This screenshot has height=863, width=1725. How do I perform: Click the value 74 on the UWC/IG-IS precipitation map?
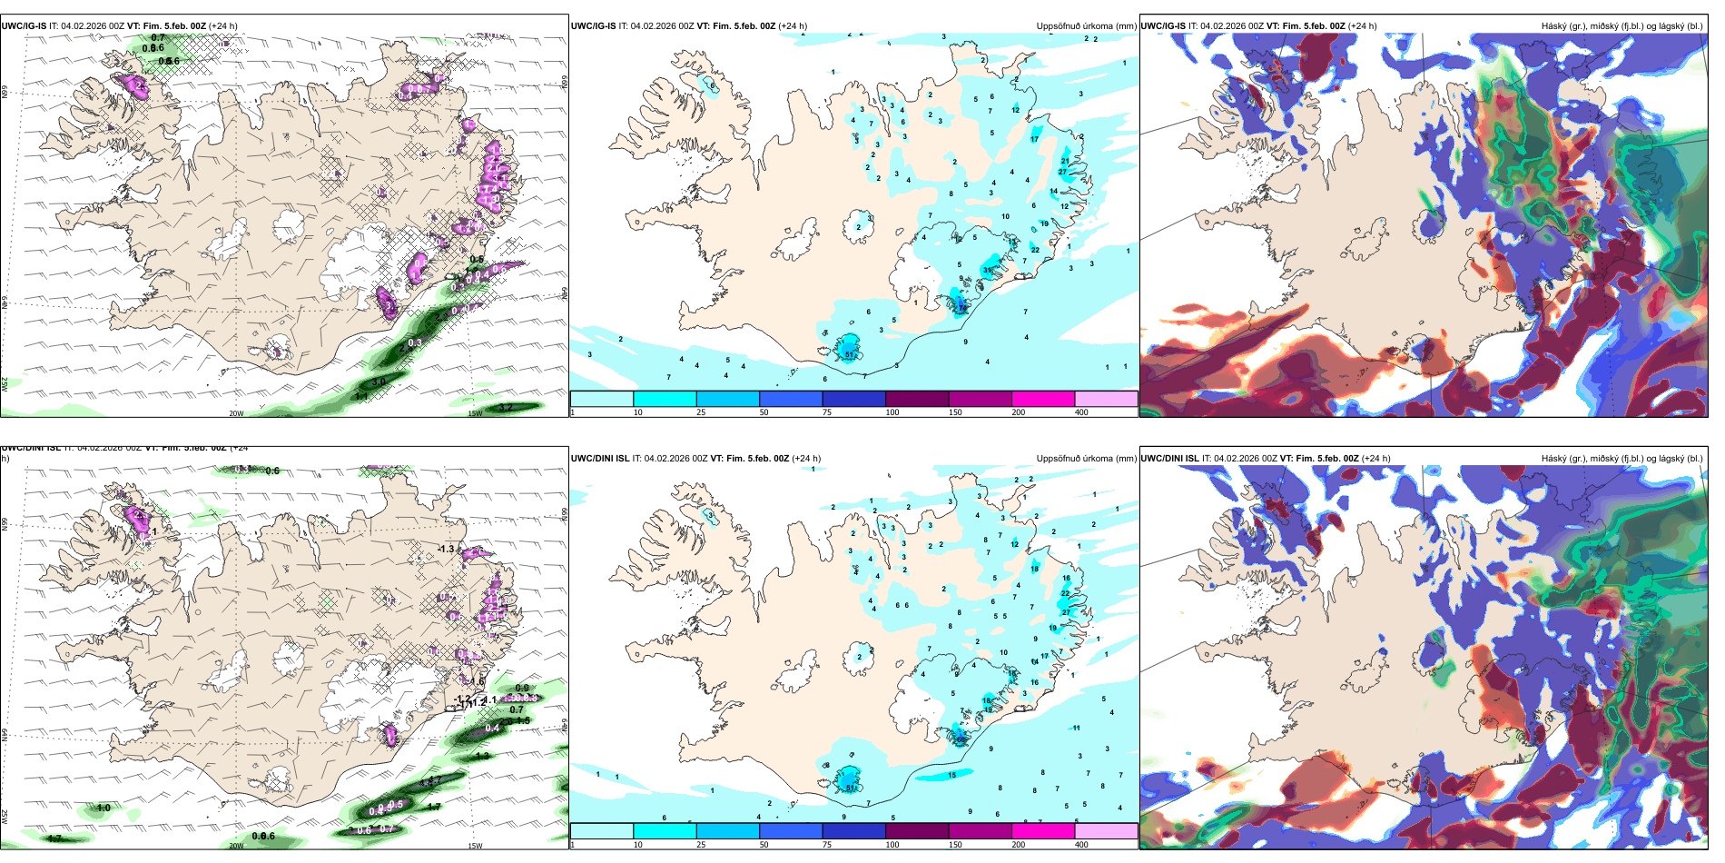point(961,308)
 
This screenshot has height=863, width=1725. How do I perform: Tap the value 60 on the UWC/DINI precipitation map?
point(961,739)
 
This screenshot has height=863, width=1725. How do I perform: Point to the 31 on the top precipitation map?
point(988,271)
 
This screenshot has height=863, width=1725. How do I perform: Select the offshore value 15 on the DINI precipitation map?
point(952,775)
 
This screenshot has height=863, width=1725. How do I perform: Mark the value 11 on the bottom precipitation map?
point(1077,728)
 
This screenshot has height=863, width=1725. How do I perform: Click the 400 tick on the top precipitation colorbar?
point(1081,412)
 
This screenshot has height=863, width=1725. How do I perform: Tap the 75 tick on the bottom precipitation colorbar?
point(827,844)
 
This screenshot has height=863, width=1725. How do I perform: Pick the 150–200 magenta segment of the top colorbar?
point(1043,399)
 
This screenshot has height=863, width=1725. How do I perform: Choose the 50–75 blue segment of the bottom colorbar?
point(791,830)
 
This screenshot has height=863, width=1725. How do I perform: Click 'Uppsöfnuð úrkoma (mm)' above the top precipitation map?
point(1086,26)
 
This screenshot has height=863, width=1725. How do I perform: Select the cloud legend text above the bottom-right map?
point(1621,458)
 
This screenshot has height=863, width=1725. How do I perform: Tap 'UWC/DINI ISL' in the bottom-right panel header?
point(1170,458)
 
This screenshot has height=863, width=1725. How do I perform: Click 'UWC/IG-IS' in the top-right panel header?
point(1163,26)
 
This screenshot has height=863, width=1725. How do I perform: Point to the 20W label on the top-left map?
point(236,413)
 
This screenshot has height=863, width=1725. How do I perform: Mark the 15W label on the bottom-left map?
point(475,846)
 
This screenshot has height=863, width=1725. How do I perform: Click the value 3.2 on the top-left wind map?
point(506,407)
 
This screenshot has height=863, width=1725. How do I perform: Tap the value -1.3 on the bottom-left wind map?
point(446,549)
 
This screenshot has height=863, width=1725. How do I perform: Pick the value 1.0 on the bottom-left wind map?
point(103,808)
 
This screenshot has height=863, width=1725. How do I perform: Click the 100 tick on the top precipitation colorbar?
point(892,412)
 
